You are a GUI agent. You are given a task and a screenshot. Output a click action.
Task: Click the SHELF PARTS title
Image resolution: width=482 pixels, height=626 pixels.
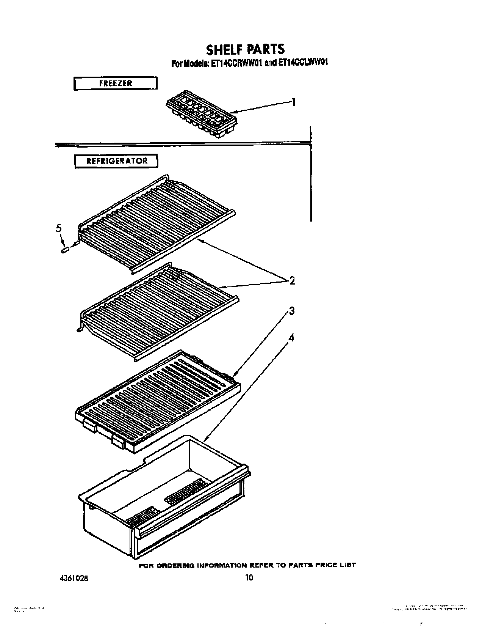pyautogui.click(x=245, y=49)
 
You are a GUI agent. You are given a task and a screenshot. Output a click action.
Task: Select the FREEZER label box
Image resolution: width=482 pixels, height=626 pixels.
pyautogui.click(x=115, y=83)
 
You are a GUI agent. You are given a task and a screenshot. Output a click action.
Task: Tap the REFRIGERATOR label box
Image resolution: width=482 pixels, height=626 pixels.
pyautogui.click(x=116, y=161)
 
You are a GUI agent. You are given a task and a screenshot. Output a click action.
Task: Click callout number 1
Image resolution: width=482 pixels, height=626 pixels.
pyautogui.click(x=293, y=102)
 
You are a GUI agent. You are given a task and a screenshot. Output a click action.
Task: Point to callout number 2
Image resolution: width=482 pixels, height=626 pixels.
pyautogui.click(x=292, y=281)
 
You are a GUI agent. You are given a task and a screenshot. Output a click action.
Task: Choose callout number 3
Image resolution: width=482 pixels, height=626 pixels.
pyautogui.click(x=291, y=311)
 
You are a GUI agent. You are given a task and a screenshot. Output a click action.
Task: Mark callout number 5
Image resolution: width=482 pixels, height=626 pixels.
pyautogui.click(x=58, y=228)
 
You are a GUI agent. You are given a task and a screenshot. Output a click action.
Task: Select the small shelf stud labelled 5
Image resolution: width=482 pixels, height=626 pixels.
pyautogui.click(x=65, y=250)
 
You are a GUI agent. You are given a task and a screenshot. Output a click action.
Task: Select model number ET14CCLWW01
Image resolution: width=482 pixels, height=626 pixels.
pyautogui.click(x=303, y=63)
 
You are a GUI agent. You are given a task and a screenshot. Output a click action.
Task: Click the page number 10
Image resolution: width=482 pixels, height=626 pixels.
pyautogui.click(x=249, y=578)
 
